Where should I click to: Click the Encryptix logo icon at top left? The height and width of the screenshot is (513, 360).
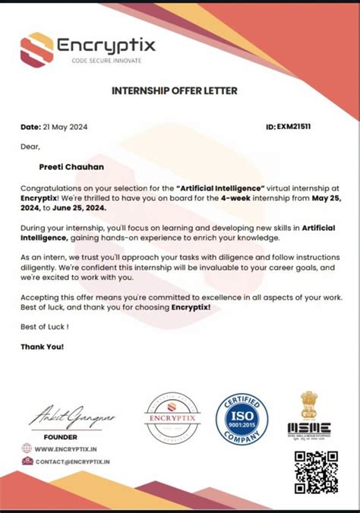(x=37, y=49)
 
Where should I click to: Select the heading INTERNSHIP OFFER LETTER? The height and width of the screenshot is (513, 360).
(x=175, y=91)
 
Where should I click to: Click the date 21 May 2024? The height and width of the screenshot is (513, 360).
(x=68, y=127)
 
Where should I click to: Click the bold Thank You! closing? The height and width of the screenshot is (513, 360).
(x=43, y=347)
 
